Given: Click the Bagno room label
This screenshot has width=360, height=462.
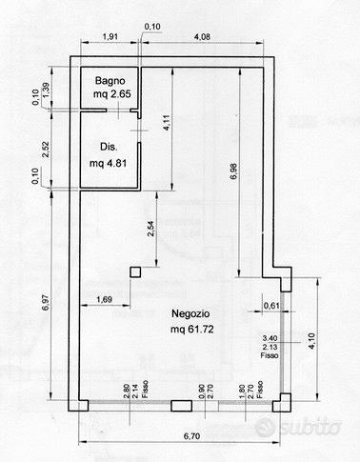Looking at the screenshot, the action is [x=110, y=81].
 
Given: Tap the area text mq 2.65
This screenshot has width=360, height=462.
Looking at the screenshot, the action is [x=112, y=94].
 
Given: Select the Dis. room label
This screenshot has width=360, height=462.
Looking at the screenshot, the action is [x=109, y=147].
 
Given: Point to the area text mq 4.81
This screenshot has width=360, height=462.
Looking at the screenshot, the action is [x=108, y=163].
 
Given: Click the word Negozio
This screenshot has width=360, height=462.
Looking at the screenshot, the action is [x=190, y=313].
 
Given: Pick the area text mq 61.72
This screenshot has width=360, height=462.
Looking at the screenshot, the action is [x=192, y=329].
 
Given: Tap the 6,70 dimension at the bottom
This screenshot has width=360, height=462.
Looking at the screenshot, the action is [x=192, y=436].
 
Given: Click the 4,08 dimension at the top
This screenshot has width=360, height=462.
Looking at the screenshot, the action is [x=202, y=37].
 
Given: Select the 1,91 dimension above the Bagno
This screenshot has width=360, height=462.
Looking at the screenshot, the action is [x=110, y=36].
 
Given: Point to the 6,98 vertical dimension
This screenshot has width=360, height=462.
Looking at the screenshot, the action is [x=234, y=171].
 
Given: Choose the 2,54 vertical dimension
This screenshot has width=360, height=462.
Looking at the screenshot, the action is [x=151, y=229].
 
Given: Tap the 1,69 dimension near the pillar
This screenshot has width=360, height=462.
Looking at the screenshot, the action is [x=105, y=299].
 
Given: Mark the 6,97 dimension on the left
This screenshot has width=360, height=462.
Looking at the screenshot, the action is [x=46, y=303].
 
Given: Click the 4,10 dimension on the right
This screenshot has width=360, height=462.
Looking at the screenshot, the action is [x=311, y=341].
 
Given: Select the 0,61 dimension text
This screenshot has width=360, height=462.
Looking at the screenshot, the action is [x=271, y=306].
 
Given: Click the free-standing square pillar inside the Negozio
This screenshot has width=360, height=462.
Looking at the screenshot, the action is [x=135, y=272].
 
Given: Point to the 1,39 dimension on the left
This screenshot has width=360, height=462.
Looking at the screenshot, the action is [x=46, y=90].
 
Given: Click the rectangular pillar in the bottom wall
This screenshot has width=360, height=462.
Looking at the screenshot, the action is [x=181, y=406].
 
